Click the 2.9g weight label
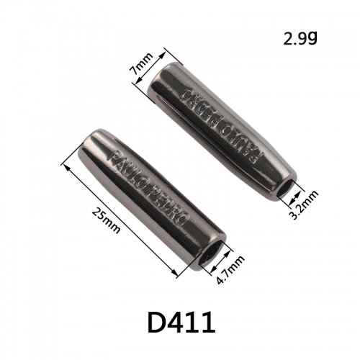click(x=300, y=39)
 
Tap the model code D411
click(x=181, y=322)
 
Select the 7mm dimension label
click(x=140, y=64)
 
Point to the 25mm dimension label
click(x=106, y=220)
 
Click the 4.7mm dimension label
click(x=230, y=270)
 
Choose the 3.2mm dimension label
click(x=304, y=204)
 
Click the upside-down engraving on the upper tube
click(x=222, y=126)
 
